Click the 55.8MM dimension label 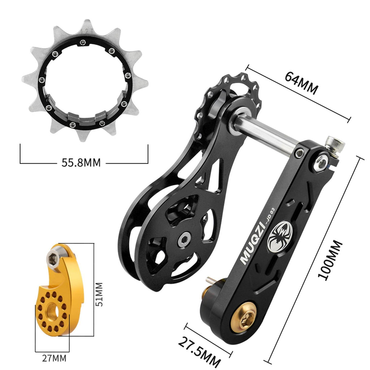[81, 163]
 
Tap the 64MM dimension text [301, 83]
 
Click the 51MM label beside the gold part [99, 294]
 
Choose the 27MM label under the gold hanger [54, 358]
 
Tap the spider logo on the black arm [280, 236]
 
